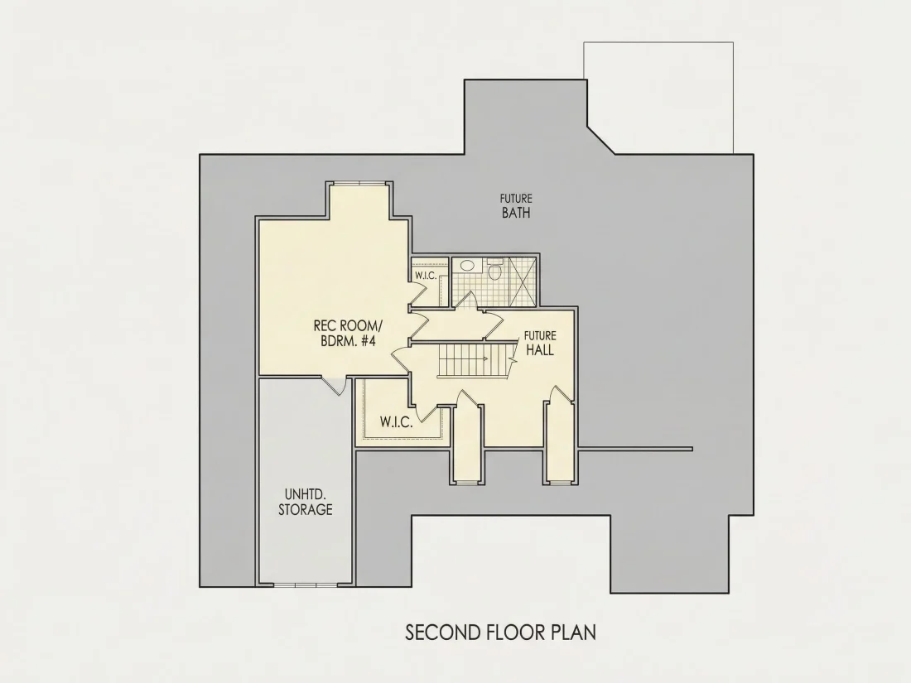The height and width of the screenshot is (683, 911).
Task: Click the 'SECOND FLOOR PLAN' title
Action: [500, 632]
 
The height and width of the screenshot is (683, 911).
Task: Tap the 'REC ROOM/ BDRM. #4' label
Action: [349, 333]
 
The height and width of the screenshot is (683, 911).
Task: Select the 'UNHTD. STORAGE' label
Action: [306, 502]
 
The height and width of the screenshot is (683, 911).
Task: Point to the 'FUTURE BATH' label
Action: [516, 206]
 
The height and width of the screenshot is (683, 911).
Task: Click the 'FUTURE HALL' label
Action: [540, 344]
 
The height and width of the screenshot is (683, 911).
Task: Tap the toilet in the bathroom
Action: [495, 270]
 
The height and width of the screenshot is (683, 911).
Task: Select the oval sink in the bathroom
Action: [466, 266]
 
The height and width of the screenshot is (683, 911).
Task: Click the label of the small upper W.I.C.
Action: [426, 276]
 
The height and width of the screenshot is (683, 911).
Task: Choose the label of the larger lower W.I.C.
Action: [397, 421]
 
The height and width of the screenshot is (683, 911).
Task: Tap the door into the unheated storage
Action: [335, 386]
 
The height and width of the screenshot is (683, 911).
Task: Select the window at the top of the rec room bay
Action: [360, 184]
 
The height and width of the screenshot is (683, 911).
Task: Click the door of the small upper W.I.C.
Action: [418, 296]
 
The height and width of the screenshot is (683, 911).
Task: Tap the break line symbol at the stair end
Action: [513, 358]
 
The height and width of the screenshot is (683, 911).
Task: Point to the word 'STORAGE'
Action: [306, 510]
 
